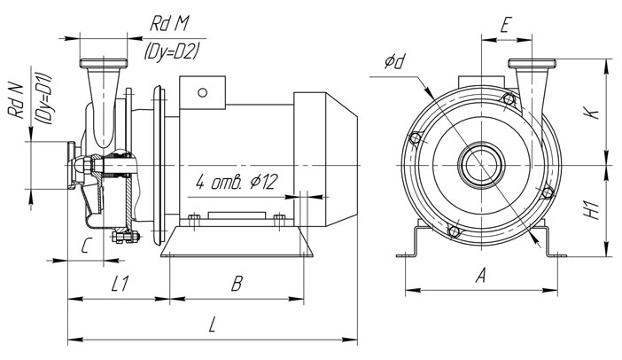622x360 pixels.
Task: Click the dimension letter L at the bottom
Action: pyautogui.click(x=212, y=325)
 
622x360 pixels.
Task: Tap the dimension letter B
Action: pyautogui.click(x=237, y=284)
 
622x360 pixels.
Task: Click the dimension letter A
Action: pyautogui.click(x=480, y=276)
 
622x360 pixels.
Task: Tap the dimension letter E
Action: pyautogui.click(x=504, y=26)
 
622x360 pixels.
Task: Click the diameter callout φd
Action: pyautogui.click(x=395, y=63)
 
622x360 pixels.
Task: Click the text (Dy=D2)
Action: pyautogui.click(x=171, y=52)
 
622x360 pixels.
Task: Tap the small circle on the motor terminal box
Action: pyautogui.click(x=202, y=90)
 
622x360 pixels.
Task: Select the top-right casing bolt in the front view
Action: pyautogui.click(x=508, y=98)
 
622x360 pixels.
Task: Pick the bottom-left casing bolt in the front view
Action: pyautogui.click(x=455, y=232)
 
